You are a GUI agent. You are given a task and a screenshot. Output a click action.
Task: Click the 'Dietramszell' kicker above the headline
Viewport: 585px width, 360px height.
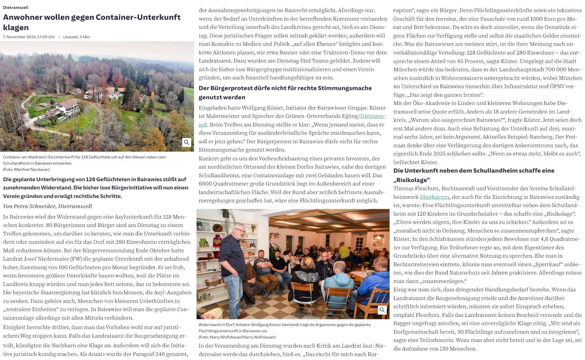click(16, 7)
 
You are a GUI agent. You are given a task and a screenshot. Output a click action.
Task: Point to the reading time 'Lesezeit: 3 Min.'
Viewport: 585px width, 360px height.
click(77, 37)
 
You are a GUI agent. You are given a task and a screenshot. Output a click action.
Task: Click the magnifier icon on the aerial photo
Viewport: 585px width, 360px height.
click(186, 143)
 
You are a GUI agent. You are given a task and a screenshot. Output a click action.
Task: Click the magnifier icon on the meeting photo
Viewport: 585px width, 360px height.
click(382, 310)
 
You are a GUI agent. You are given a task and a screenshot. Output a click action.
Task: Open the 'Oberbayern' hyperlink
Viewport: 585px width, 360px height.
click(434, 197)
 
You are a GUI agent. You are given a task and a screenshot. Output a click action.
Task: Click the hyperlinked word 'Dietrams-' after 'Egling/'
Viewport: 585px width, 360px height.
click(373, 116)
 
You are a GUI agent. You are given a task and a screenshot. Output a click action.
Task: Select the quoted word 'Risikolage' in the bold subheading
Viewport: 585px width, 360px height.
click(411, 180)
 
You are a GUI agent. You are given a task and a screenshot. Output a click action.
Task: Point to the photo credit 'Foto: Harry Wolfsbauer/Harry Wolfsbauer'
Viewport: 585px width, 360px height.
click(237, 337)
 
